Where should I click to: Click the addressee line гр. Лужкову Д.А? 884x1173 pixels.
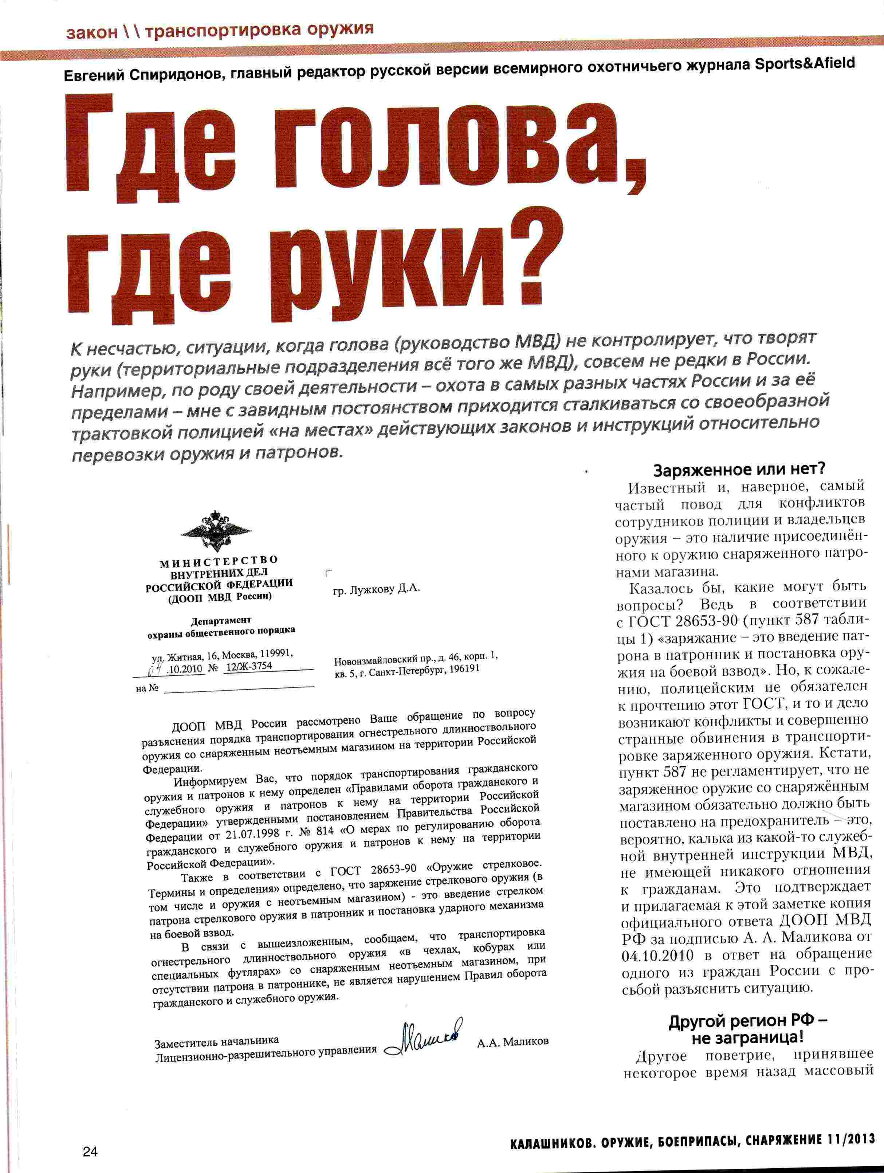pyautogui.click(x=377, y=589)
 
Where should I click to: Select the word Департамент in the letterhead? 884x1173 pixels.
pyautogui.click(x=221, y=620)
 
